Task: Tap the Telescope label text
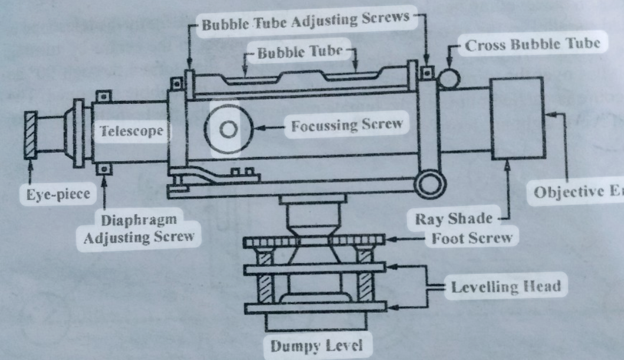[131, 131]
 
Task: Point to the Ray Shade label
[453, 219]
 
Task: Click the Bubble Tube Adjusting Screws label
[305, 20]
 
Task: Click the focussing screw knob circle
[228, 129]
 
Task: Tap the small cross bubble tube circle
[451, 77]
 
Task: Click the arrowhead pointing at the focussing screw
[260, 126]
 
